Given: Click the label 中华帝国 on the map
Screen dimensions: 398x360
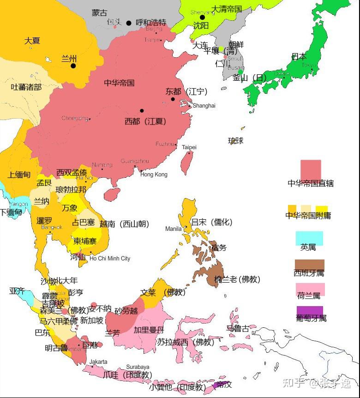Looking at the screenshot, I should coord(119,83).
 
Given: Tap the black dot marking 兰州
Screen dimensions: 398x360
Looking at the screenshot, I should coord(73,66).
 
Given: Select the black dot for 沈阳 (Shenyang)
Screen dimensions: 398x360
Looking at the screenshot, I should coord(202,18).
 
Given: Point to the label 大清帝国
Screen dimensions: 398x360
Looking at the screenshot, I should coord(226,9).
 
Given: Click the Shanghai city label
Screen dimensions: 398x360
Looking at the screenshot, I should coord(204,106).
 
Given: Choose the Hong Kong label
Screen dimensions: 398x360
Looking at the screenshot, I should coord(154,175).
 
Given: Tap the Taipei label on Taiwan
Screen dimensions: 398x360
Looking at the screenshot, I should coord(189,147).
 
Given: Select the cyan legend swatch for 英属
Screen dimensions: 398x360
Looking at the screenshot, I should coord(309,238).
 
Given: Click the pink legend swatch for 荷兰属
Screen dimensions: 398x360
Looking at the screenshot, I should coord(310,289).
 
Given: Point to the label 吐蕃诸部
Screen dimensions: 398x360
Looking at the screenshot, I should coord(26,87).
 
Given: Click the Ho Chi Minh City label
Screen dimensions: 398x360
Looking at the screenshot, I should coord(110,259).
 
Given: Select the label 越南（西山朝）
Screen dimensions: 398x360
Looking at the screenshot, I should coord(124,224).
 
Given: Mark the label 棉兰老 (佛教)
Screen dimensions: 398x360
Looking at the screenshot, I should coord(237,279).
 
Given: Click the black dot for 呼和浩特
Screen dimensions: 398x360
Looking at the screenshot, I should coord(129,23).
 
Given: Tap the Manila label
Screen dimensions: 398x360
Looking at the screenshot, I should coord(174,229).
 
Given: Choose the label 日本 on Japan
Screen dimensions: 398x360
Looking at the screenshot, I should coord(299,57).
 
